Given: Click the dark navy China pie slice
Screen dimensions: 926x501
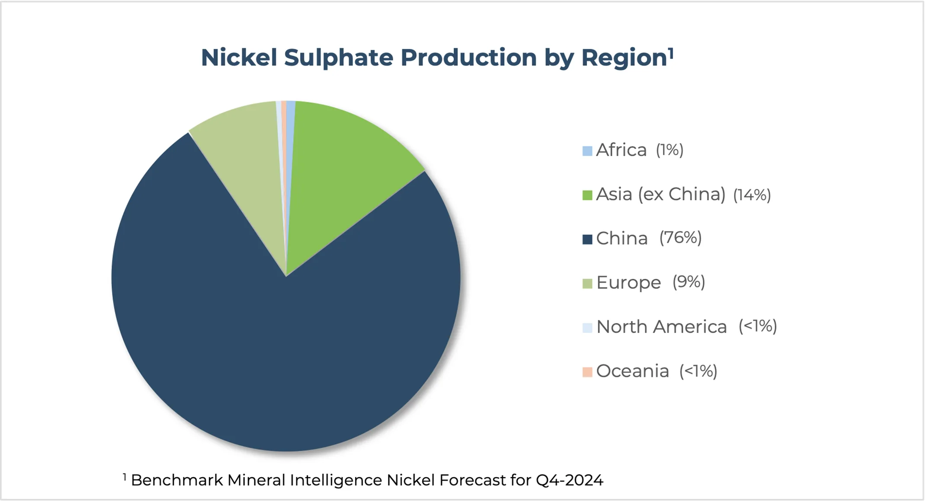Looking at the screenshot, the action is [x=285, y=346].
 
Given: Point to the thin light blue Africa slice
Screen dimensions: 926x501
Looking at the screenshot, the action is [x=290, y=130].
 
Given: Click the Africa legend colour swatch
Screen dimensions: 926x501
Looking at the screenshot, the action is [x=587, y=151].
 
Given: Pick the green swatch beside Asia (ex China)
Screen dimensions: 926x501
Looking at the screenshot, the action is [x=587, y=195].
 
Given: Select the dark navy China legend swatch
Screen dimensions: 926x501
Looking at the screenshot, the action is [x=587, y=239].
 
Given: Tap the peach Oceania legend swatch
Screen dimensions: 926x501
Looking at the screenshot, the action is [x=587, y=372].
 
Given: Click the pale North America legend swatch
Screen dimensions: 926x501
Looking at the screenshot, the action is [x=587, y=328].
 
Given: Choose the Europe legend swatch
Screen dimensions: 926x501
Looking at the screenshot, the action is [x=587, y=284].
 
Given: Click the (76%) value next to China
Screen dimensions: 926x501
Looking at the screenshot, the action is [x=680, y=238].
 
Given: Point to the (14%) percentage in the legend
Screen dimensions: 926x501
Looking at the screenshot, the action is [x=752, y=195].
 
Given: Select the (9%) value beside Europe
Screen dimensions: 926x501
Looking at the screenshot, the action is [x=689, y=282].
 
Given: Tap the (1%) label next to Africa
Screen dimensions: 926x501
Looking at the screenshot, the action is [x=670, y=150].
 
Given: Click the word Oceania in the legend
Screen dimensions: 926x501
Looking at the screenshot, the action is [x=632, y=371].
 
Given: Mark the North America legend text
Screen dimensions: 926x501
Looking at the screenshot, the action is [x=661, y=327].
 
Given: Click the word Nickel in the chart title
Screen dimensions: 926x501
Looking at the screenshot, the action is [x=239, y=57].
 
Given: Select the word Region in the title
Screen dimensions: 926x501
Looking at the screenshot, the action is [x=624, y=58].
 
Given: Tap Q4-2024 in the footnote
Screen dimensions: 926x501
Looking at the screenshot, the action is [x=569, y=480].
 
